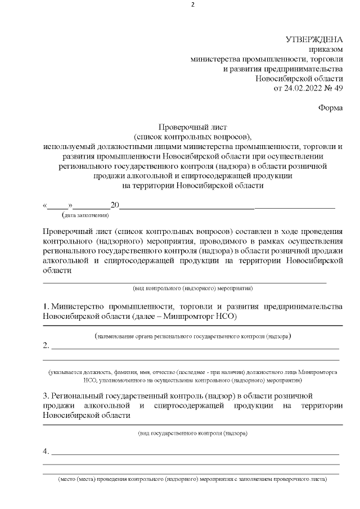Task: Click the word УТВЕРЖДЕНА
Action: [x=314, y=39]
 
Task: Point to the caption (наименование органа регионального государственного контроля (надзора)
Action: [x=193, y=336]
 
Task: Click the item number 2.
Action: [x=46, y=345]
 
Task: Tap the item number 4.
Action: [x=46, y=451]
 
